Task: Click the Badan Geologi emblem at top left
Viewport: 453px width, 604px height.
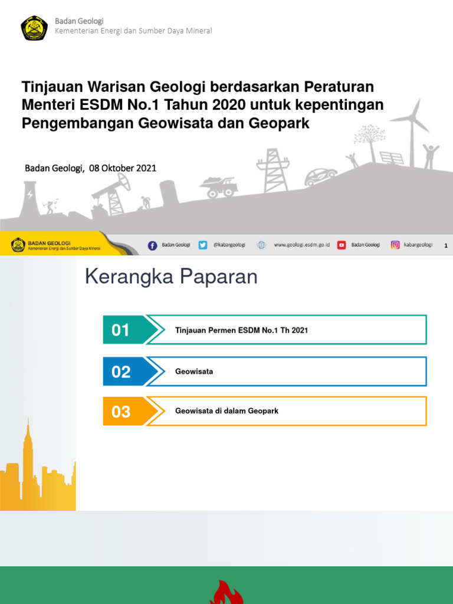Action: pos(34,27)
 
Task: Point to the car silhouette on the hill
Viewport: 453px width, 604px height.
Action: pos(321,176)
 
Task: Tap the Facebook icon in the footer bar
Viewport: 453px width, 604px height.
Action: pos(152,245)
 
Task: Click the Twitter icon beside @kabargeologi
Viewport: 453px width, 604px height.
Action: pos(203,245)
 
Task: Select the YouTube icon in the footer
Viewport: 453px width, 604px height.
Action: pos(342,245)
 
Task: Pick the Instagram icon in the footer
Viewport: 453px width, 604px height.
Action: pos(395,245)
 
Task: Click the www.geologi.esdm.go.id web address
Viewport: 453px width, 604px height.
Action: pos(301,245)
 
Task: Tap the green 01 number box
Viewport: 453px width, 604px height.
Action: pos(122,330)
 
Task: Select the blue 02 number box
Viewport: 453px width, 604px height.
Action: pos(122,372)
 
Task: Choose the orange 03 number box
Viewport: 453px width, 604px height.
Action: pos(122,411)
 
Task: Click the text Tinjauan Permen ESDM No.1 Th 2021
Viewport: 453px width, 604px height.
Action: pos(241,330)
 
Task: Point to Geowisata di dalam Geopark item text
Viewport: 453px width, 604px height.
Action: pos(226,411)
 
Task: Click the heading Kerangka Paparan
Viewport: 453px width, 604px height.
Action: pos(171,277)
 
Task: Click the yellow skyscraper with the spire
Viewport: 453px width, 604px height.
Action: pos(27,460)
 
